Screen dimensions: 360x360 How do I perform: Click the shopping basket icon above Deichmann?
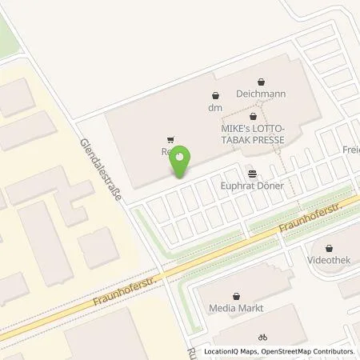coord(262,81)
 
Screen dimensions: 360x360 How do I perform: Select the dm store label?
coord(214,107)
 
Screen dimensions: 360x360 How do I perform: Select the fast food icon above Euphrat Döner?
coord(253,172)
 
